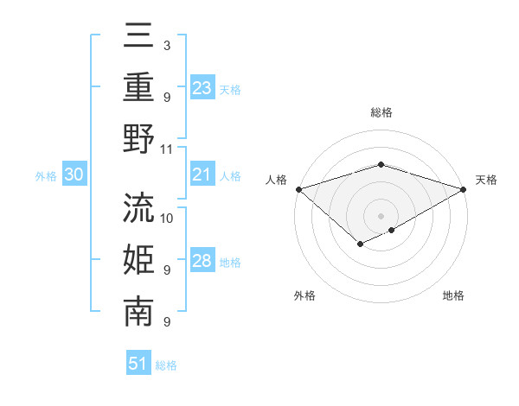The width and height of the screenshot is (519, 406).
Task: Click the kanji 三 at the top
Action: (x=138, y=36)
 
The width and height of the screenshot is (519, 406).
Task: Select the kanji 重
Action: (x=138, y=87)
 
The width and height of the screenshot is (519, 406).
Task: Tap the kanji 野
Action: (x=138, y=138)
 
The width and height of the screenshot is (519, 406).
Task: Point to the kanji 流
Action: (x=138, y=207)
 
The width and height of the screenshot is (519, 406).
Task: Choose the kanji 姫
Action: (x=138, y=259)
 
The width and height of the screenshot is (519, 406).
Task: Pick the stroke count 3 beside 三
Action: (x=166, y=45)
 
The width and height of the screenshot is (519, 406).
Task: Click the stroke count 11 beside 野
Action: (x=167, y=149)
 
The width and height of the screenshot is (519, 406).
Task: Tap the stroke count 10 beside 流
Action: (x=167, y=218)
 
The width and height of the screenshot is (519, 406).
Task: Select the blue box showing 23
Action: (x=202, y=87)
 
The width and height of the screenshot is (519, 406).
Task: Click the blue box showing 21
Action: (x=202, y=174)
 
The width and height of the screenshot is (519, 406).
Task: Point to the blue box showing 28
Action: (x=202, y=261)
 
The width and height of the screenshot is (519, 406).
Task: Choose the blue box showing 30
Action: (x=74, y=174)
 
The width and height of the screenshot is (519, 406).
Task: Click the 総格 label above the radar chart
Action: (x=381, y=112)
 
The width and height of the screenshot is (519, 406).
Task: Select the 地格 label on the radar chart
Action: (x=453, y=296)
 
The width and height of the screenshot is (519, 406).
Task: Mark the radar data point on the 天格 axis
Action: (x=465, y=189)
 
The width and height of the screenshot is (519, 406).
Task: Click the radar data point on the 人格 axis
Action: (x=298, y=189)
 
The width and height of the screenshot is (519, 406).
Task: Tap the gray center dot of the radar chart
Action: (x=381, y=215)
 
